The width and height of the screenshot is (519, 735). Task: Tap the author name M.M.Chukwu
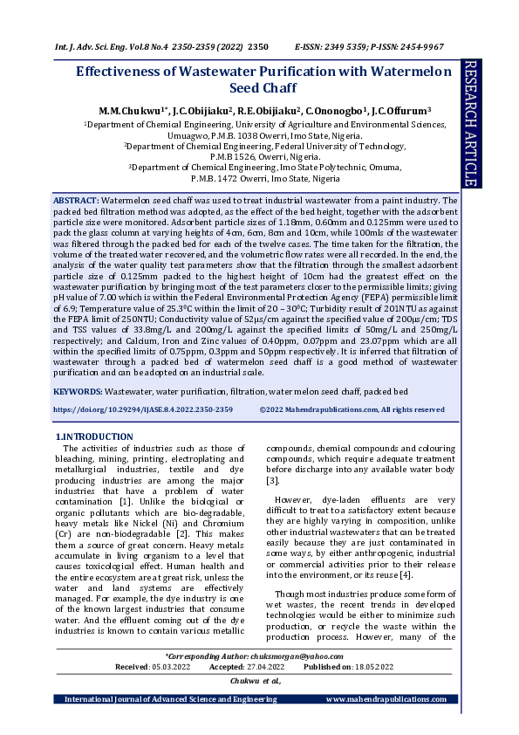(130, 112)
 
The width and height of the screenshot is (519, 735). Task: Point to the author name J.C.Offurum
(385, 112)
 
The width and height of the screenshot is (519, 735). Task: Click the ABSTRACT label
(77, 201)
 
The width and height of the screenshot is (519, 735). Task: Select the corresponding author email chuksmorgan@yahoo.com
(297, 656)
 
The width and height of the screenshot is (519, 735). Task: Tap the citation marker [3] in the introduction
(272, 480)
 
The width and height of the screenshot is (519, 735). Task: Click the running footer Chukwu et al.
(255, 680)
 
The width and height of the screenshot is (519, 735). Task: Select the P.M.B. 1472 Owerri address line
(259, 178)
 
